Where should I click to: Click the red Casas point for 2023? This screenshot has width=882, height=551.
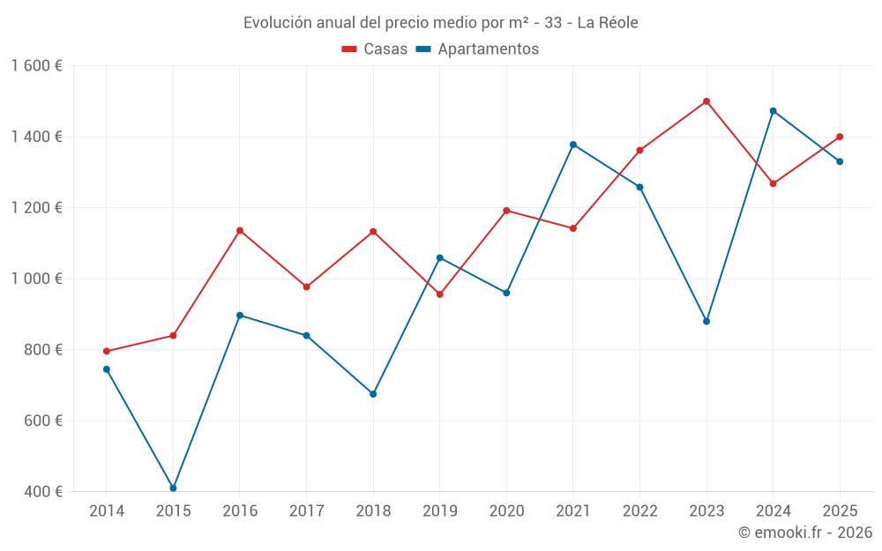point(706,101)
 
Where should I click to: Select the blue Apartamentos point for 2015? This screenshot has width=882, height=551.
point(173,488)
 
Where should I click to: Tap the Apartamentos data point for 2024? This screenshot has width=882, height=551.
point(774,111)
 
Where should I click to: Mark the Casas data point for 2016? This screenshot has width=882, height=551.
point(240,231)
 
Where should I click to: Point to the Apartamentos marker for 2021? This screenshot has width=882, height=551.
point(573,145)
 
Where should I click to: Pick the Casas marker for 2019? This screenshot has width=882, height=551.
point(440,294)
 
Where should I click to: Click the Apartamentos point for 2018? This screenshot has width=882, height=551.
point(373,394)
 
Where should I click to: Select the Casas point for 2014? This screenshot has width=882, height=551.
point(107,352)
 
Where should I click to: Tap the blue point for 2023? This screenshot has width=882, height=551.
point(706,321)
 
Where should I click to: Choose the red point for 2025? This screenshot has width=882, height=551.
point(840,137)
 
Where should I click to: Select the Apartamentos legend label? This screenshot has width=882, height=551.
point(488,49)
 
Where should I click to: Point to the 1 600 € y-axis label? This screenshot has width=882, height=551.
point(37,66)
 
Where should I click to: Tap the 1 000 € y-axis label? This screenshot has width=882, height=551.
point(37,279)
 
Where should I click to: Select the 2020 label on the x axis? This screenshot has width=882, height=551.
point(506,511)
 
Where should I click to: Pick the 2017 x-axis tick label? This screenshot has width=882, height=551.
point(306,511)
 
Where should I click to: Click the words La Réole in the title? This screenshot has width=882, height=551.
point(607,23)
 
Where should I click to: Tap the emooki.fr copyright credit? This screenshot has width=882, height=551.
point(805,532)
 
